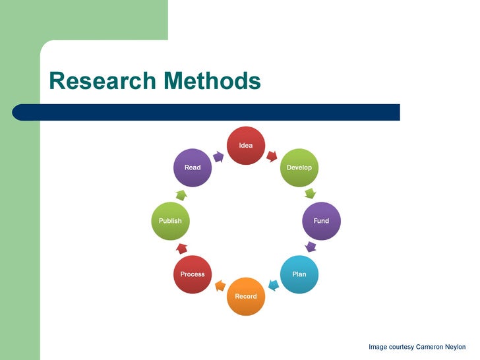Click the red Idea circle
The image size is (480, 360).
246,145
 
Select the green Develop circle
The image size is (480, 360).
299,167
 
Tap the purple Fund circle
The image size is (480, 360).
321,221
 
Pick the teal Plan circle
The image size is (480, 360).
299,274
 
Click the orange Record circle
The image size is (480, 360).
246,296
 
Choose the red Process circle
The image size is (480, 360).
193,274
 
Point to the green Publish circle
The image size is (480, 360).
170,221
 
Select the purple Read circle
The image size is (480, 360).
193,167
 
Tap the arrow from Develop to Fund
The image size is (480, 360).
310,194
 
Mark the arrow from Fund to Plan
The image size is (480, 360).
311,247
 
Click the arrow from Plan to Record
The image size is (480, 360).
272,285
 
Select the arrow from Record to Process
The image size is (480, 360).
220,285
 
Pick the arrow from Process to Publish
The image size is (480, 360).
181,248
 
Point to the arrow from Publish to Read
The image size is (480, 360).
181,195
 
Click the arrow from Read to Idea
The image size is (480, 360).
219,156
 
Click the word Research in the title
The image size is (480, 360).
102,81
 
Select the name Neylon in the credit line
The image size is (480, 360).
452,347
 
